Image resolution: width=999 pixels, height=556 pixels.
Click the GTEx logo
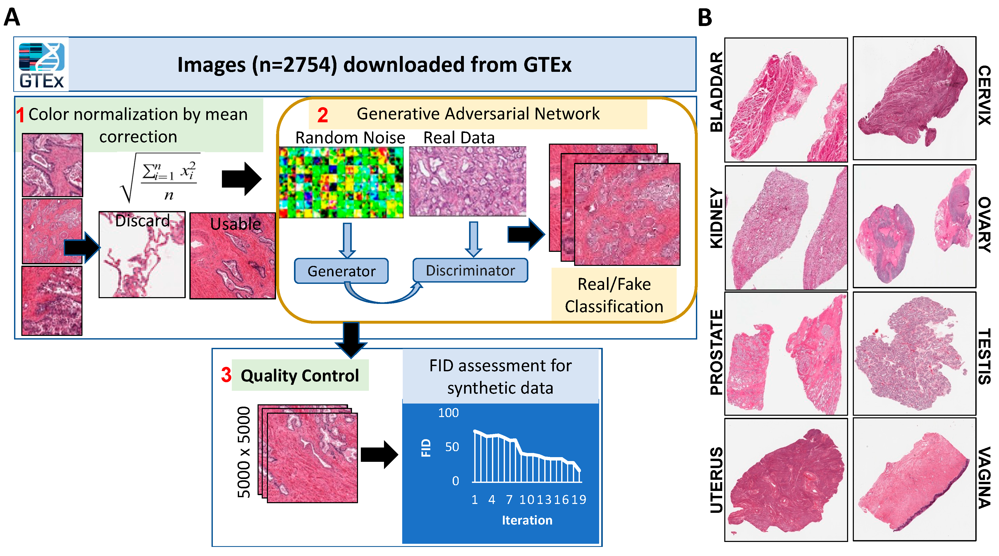42,64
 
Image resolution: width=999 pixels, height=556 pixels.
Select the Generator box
341,271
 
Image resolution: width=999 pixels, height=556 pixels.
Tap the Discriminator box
470,270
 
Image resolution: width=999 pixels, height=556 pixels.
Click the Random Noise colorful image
341,182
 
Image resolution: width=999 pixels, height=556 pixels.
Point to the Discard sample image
142,255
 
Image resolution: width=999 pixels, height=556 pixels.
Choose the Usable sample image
233,256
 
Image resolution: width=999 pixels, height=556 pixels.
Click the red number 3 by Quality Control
226,375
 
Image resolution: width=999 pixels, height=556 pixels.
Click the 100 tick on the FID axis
448,413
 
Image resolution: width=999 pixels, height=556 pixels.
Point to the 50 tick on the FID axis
452,447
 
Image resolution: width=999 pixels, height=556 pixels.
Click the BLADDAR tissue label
716,92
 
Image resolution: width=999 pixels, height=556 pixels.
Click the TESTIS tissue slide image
914,354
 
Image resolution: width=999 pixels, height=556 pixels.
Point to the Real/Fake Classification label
614,295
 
